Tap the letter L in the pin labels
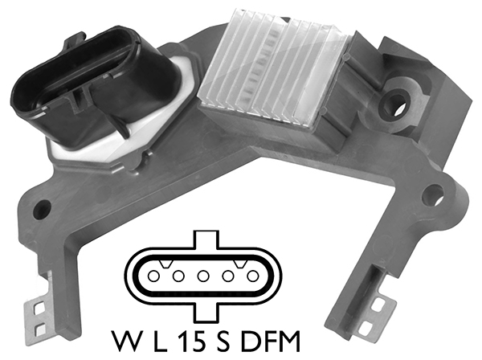coord(160,342)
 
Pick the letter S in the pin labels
coord(223,342)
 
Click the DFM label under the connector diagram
coord(270,342)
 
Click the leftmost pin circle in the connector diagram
coord(153,276)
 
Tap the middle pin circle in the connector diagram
coord(203,276)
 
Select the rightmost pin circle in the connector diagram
coord(253,276)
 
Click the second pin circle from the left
coord(178,276)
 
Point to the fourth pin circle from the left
coord(228,276)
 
